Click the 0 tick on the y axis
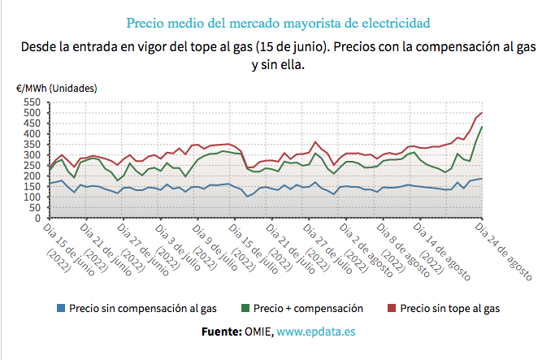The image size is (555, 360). point(37,219)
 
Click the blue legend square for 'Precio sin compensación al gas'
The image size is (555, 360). point(61,309)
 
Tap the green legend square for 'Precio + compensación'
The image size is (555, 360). point(245,309)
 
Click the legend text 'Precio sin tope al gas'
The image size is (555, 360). point(450,309)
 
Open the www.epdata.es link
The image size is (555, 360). point(316,332)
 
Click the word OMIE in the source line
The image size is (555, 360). point(258,332)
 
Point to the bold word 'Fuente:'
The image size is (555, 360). point(220,332)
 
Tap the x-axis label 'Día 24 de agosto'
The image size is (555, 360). point(505,252)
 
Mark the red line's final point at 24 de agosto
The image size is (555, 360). point(483,113)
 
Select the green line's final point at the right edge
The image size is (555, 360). point(483,127)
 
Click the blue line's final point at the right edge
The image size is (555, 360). point(483,179)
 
